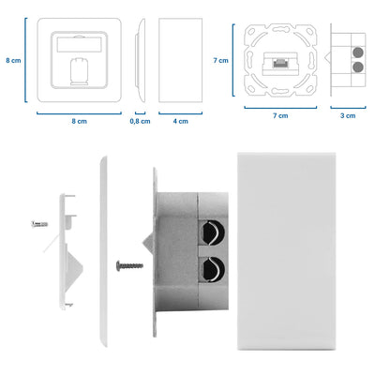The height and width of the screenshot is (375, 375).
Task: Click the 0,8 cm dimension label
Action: [x=139, y=122]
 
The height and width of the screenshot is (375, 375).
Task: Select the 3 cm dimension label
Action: [x=348, y=115]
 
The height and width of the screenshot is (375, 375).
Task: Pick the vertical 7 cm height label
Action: [x=221, y=59]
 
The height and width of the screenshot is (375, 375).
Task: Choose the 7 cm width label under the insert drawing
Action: [x=279, y=115]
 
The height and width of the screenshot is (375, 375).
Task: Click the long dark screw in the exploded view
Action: [x=128, y=265]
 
